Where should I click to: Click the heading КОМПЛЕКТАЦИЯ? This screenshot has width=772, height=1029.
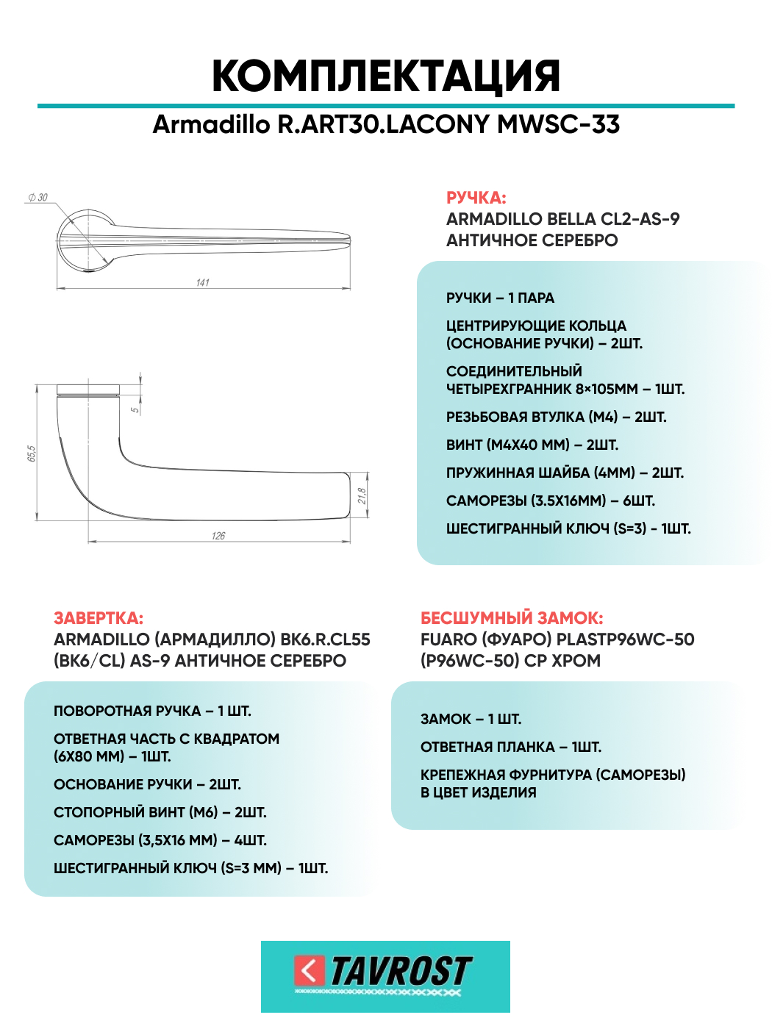coord(386,76)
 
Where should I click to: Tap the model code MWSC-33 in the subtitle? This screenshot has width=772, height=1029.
coord(558,124)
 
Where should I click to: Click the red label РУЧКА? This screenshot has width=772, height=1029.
coord(476,198)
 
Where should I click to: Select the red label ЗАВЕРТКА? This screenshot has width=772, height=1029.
coord(99,618)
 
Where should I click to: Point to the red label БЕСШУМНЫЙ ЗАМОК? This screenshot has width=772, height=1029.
coord(511,618)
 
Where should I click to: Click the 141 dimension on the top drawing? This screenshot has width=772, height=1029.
coord(203,282)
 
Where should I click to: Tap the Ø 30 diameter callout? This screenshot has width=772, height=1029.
coord(38,197)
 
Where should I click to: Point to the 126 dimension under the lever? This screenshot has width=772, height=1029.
coord(218,535)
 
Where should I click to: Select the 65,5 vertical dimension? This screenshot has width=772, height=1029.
coord(32,453)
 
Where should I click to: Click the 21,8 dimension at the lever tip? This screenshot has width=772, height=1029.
coord(362,496)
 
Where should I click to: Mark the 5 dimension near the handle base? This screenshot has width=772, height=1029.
coord(135,409)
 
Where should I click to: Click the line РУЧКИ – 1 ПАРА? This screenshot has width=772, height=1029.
coord(500,298)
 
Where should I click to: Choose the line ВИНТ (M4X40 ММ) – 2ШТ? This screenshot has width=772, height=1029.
coord(532,445)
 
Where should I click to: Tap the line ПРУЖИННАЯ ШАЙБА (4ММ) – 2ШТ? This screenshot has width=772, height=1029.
coord(565,473)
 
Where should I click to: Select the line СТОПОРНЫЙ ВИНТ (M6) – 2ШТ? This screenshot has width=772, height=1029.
coord(160,812)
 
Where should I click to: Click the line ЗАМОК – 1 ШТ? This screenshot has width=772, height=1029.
coord(471,719)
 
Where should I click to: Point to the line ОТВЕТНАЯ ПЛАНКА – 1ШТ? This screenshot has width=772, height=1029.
coord(510,747)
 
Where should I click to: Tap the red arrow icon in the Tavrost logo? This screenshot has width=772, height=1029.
coord(310,970)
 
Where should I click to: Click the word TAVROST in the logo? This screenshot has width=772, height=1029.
coord(401,971)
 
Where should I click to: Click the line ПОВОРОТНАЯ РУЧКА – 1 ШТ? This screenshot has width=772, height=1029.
coord(152,711)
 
